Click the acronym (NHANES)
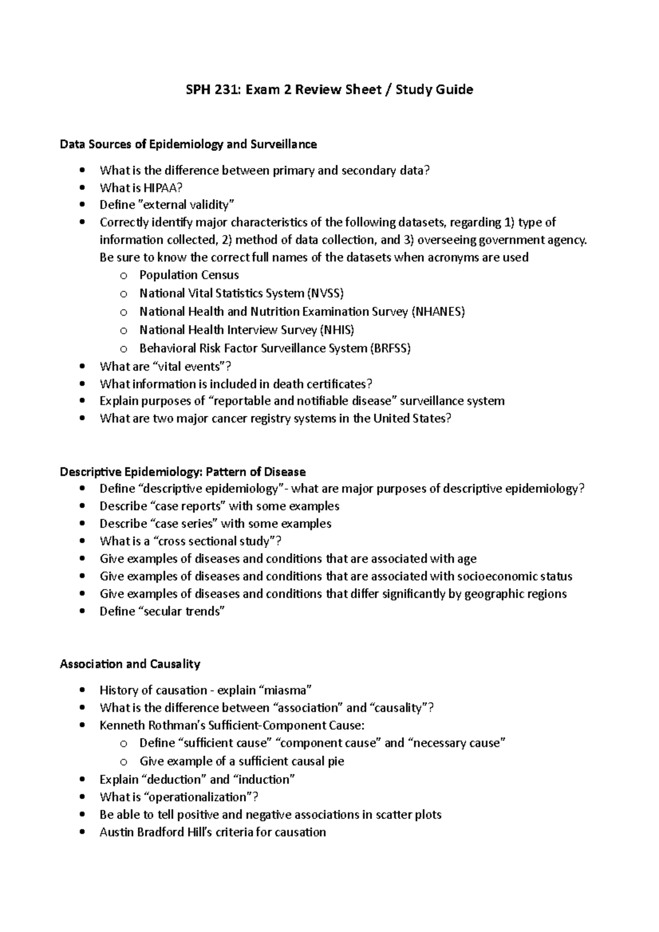pos(438,312)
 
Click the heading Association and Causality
pos(130,664)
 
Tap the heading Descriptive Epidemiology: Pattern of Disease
pos(182,471)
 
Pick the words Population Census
pos(189,275)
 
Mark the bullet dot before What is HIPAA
pos(82,188)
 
